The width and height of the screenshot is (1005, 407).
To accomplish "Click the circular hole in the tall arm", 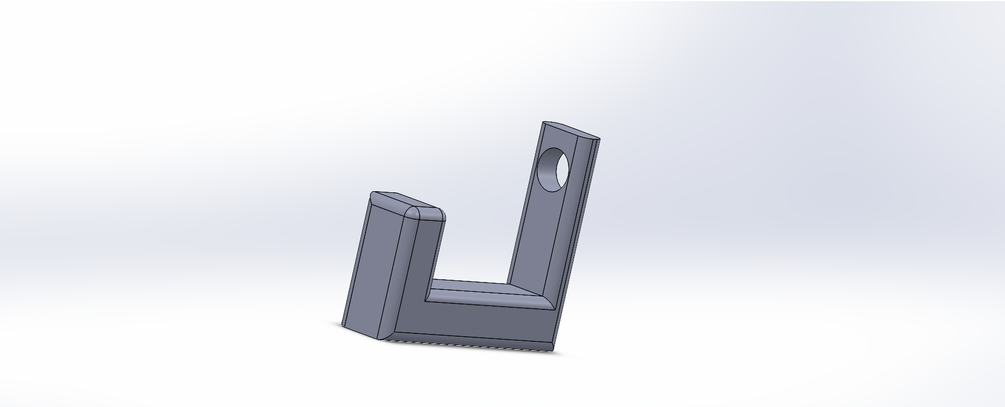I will (x=554, y=169).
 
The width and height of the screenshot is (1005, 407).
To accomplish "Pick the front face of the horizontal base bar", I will (x=480, y=321).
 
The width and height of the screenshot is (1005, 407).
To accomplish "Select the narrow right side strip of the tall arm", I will (x=580, y=223).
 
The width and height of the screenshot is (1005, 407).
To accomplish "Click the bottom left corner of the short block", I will (x=343, y=325).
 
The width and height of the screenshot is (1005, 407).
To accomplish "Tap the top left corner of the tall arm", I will (x=544, y=123).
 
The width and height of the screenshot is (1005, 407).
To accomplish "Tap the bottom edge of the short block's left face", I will (x=360, y=332).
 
